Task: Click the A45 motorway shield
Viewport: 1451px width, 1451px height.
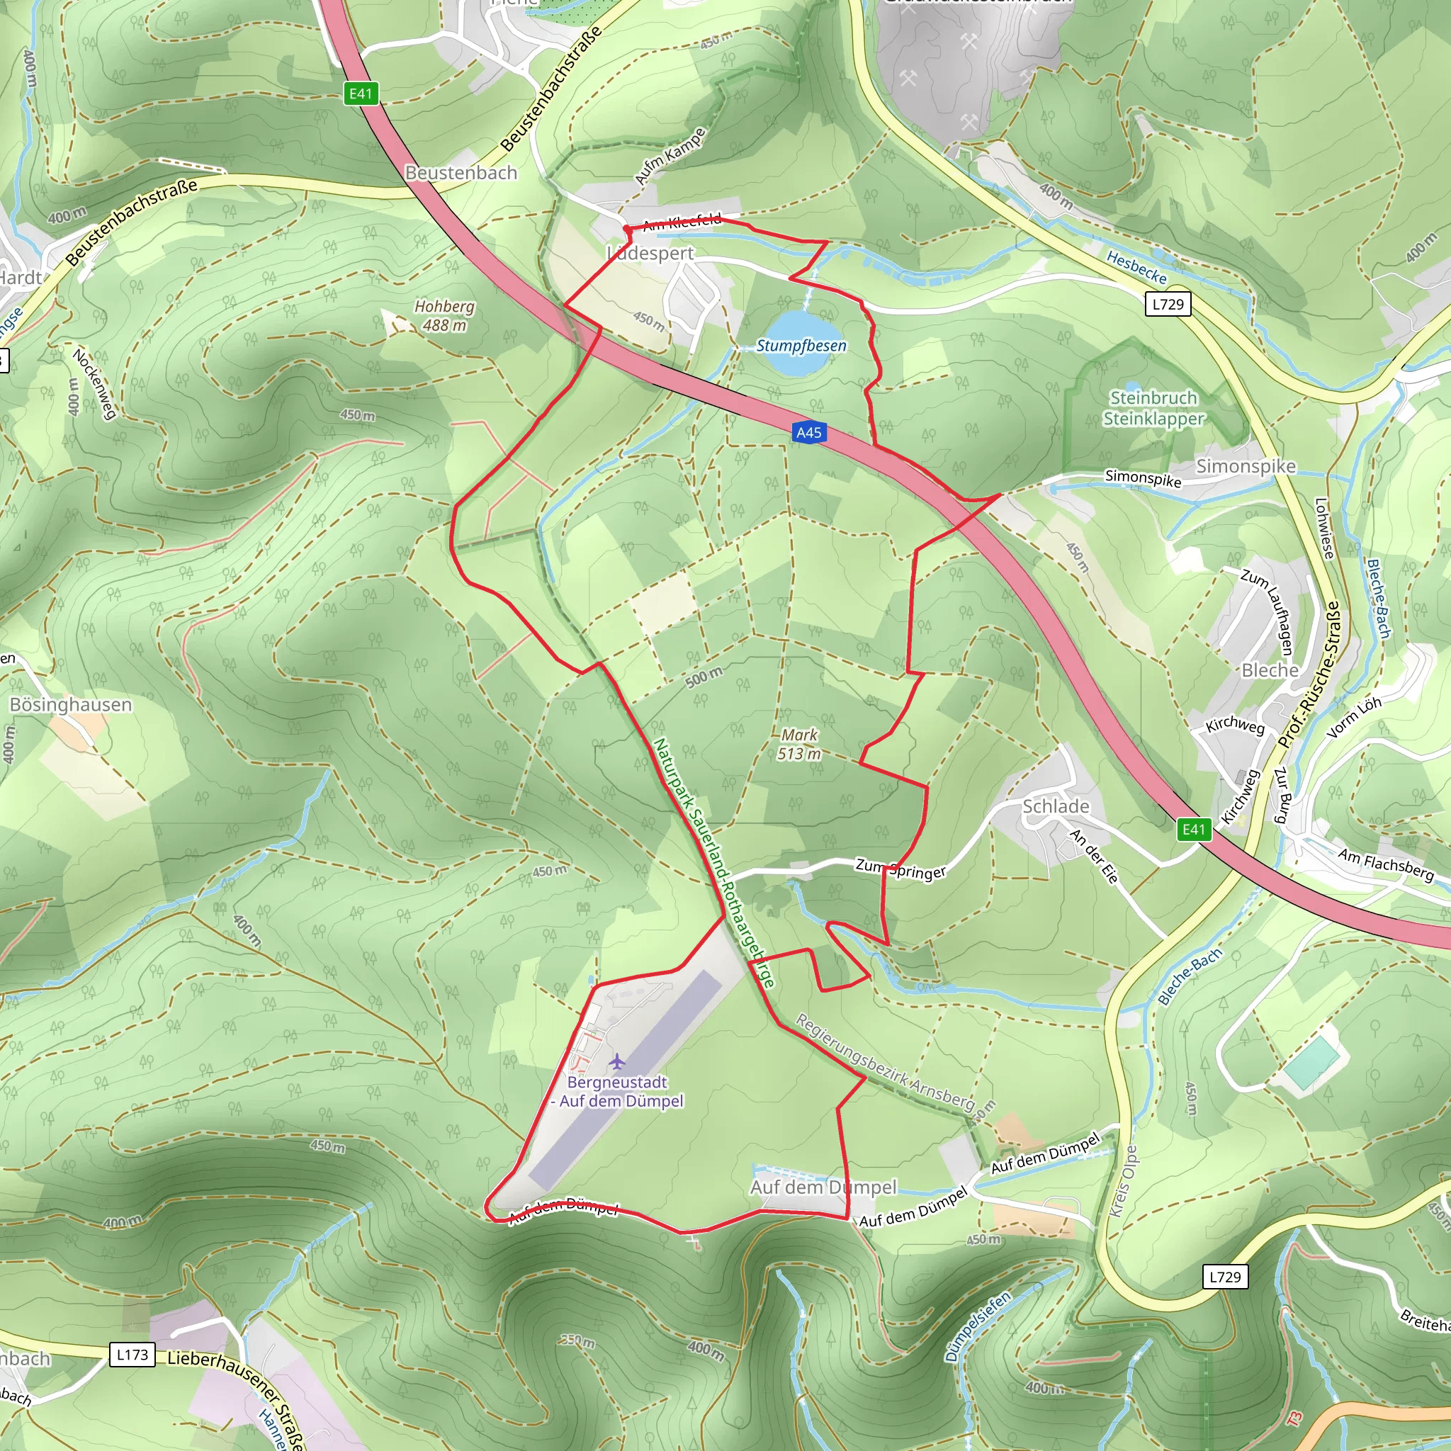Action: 808,433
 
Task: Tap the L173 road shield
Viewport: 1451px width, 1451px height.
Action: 133,1355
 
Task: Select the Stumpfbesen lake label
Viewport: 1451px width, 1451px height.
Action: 801,346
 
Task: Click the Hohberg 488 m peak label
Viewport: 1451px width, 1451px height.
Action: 445,316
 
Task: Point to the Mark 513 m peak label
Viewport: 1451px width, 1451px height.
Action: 799,745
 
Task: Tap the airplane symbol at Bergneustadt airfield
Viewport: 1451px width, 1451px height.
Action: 617,1061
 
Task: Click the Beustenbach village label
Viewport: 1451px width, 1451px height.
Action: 461,173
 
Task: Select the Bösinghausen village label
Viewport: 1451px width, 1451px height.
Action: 71,704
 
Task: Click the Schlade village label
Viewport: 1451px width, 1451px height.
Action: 1056,806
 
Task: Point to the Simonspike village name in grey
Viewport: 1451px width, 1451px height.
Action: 1246,466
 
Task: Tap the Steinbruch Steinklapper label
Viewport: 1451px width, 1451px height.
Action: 1153,408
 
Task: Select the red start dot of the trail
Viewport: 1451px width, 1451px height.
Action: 626,228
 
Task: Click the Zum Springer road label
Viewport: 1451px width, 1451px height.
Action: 900,869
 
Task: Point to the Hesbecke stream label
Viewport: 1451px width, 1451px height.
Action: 1137,268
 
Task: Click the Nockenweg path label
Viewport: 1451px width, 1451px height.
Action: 95,383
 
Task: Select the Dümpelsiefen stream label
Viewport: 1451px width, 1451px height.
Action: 977,1326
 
